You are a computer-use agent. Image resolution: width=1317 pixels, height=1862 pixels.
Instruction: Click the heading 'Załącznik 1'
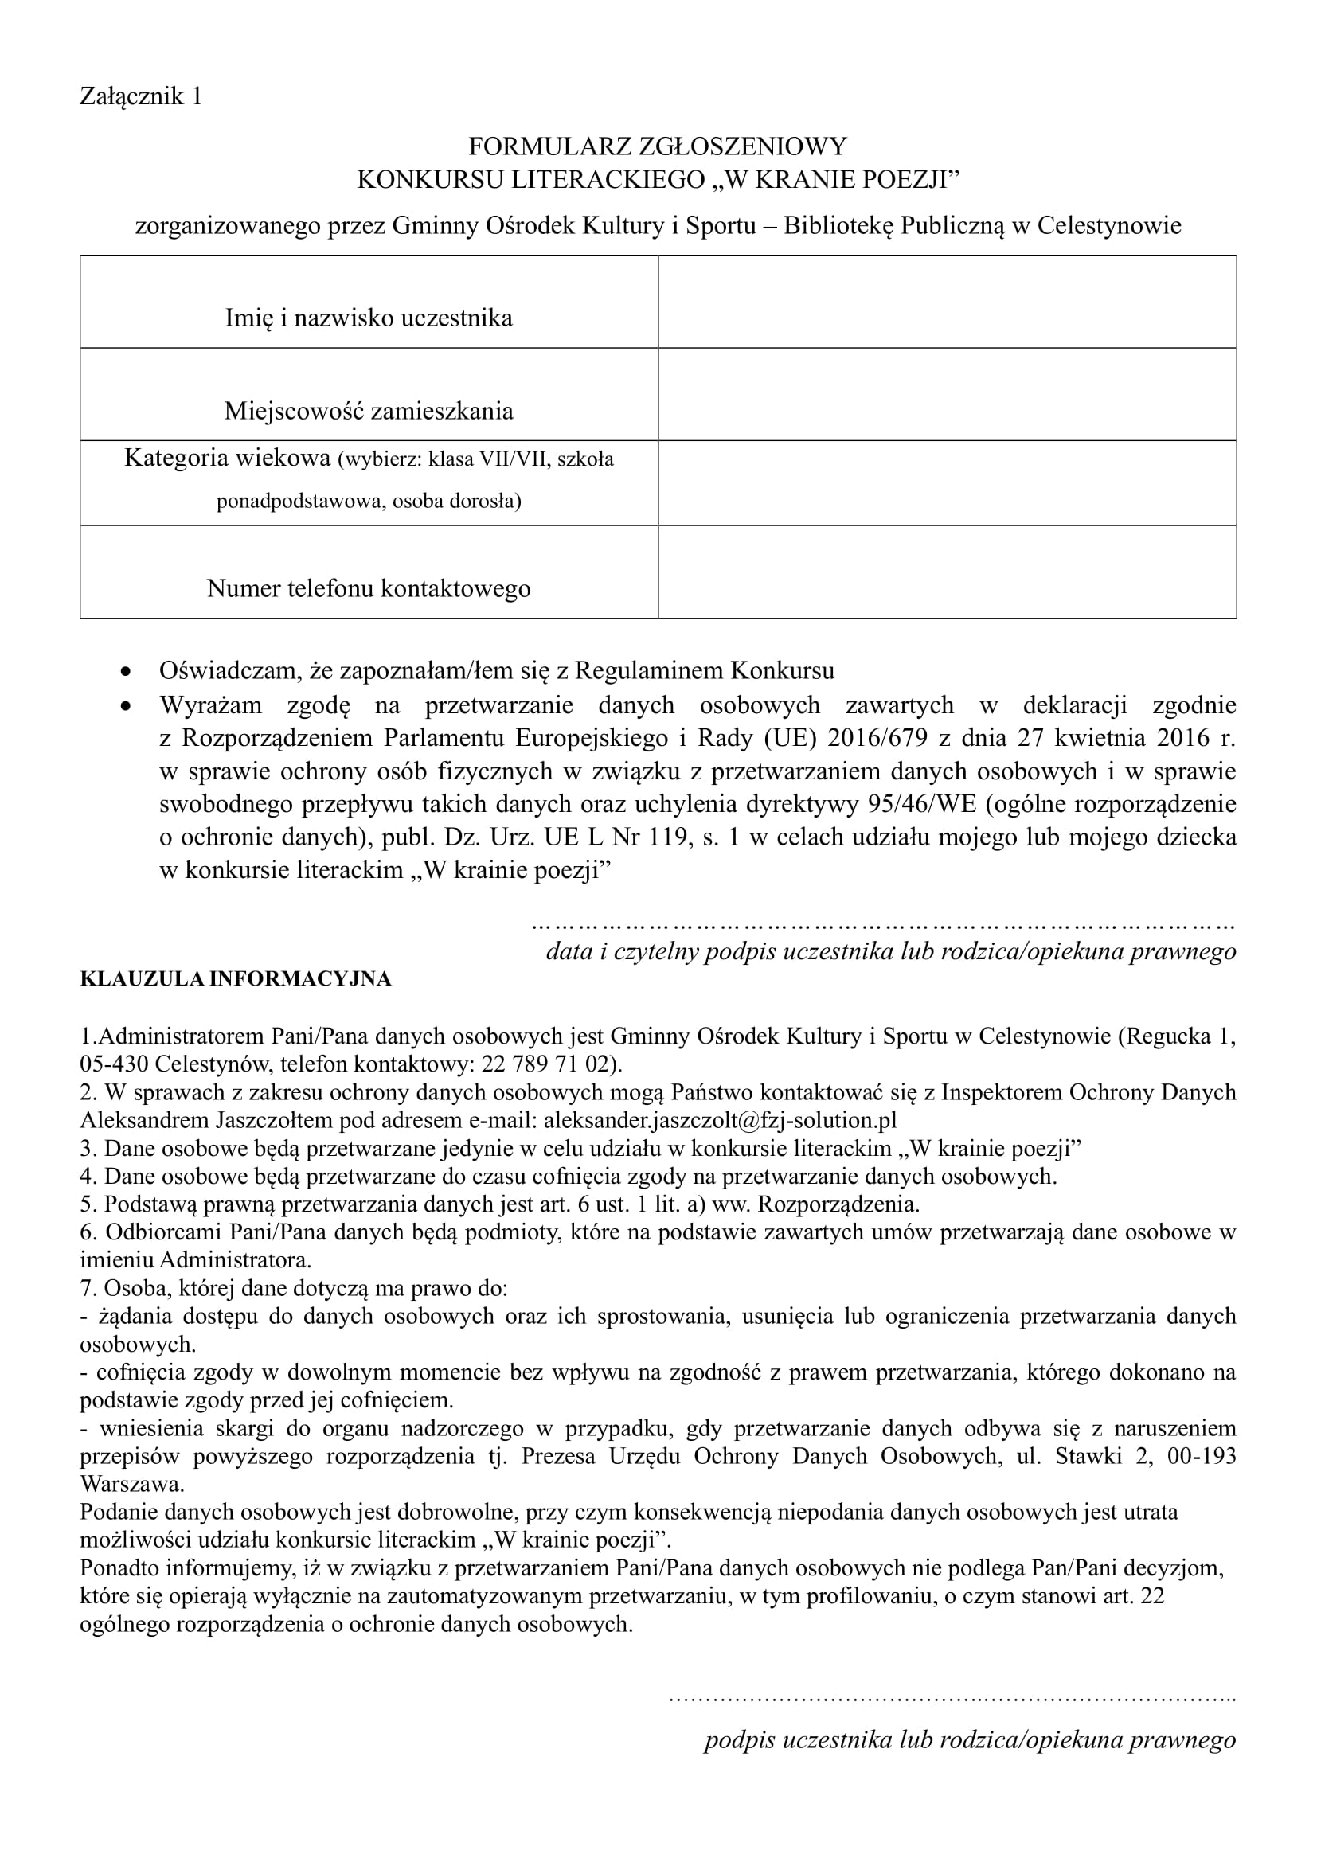coord(140,96)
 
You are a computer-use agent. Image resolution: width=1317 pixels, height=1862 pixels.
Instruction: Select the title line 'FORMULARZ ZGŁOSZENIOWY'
coord(657,146)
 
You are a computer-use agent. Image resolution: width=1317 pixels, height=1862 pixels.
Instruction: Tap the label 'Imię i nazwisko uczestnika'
coord(369,318)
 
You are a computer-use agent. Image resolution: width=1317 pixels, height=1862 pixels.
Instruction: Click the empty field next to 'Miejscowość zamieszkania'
coord(947,395)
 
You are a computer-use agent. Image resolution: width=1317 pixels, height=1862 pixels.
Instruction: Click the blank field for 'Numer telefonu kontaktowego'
coord(947,572)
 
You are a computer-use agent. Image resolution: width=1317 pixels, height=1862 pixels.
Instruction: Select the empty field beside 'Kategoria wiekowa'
coord(947,483)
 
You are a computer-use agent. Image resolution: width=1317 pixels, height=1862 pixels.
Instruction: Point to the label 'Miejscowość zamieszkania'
coord(369,411)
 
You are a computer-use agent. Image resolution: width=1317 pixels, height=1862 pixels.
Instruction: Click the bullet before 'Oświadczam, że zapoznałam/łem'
coord(125,673)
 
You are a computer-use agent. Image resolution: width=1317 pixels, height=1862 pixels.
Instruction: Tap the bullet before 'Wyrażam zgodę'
coord(125,706)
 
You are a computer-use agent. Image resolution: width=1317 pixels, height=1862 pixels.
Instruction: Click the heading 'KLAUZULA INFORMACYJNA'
coord(235,979)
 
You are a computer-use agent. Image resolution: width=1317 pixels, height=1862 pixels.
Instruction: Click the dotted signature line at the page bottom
coord(952,1697)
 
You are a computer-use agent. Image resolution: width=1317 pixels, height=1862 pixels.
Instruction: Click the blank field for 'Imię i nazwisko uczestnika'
coord(947,302)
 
